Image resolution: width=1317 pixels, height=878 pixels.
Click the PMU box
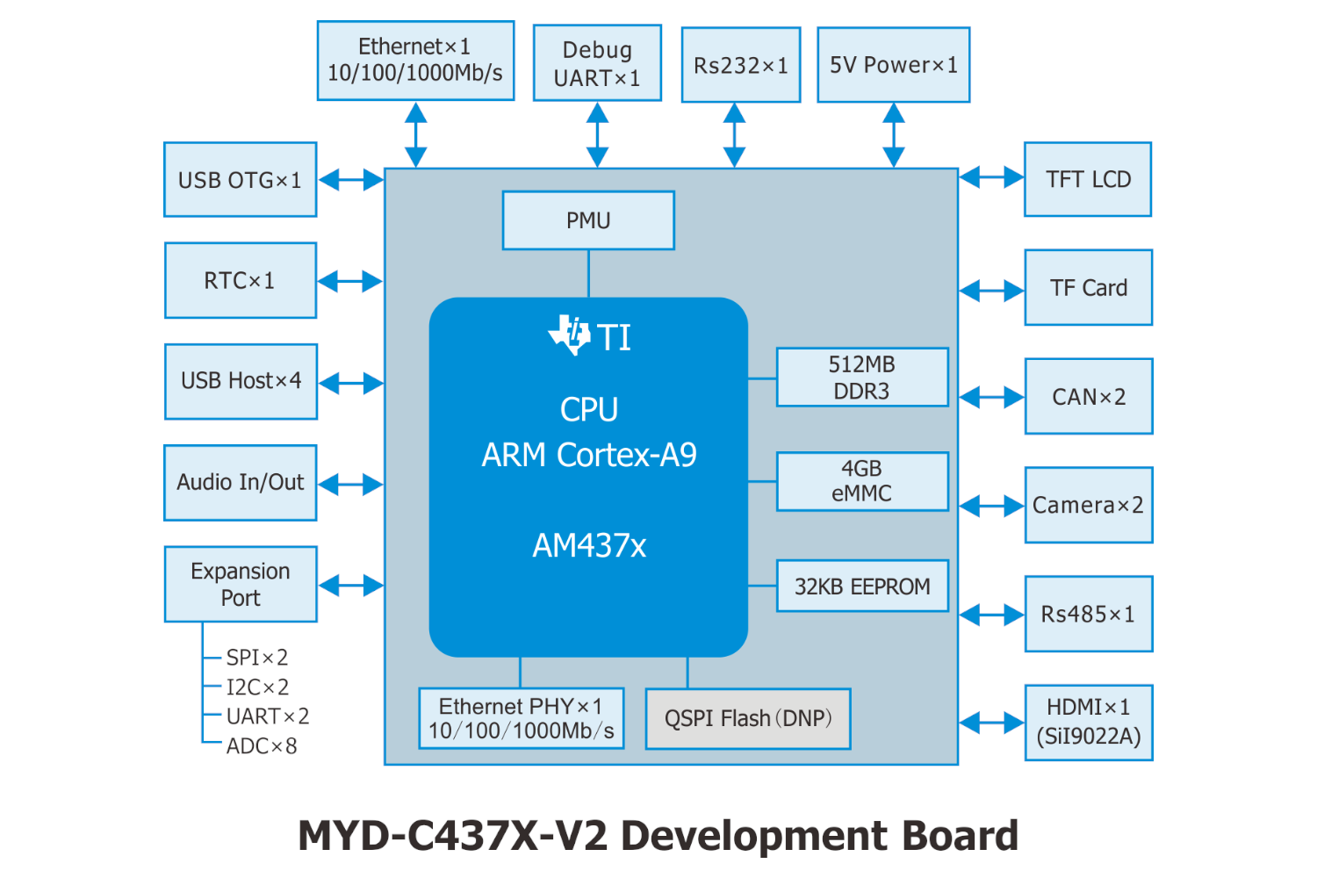tap(588, 220)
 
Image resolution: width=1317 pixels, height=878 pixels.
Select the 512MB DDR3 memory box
tap(862, 378)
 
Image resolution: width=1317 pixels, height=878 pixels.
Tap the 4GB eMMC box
tap(862, 481)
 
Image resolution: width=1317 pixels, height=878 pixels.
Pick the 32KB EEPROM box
tap(862, 587)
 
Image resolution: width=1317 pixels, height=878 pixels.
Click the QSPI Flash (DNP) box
tap(748, 719)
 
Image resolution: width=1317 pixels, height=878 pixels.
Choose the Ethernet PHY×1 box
tap(522, 718)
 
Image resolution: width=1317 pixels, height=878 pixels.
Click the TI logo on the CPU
tap(571, 335)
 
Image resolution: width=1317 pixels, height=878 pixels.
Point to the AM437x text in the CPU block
tap(589, 546)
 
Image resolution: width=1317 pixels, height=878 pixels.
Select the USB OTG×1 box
tap(240, 180)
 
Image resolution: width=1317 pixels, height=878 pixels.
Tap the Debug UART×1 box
tap(597, 63)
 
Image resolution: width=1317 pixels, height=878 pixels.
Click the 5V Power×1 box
tap(894, 65)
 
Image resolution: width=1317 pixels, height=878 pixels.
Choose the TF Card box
tap(1089, 288)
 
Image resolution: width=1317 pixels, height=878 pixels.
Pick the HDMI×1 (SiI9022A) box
tap(1089, 723)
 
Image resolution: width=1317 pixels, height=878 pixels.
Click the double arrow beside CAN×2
tap(991, 398)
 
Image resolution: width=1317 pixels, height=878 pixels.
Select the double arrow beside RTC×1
tap(349, 282)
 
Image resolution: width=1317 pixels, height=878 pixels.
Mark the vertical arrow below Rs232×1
tap(734, 135)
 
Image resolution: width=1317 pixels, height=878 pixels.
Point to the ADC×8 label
tap(262, 746)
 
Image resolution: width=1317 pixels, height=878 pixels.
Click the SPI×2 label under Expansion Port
tap(257, 658)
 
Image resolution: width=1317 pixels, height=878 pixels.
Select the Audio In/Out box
tap(240, 483)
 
